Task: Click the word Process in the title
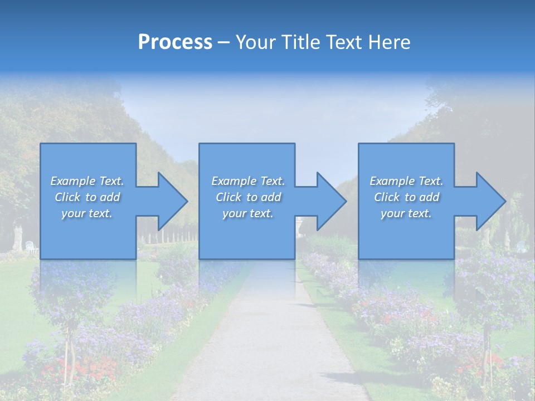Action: tap(175, 42)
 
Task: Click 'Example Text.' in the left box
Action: tap(87, 181)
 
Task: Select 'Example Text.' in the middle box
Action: tap(247, 181)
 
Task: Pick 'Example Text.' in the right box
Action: tap(406, 181)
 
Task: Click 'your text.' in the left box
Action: tap(87, 213)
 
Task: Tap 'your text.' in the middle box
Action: tap(247, 213)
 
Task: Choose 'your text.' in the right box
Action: tap(406, 213)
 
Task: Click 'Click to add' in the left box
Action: tap(87, 197)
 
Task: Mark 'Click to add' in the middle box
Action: tap(247, 197)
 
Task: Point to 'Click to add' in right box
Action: tap(406, 197)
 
